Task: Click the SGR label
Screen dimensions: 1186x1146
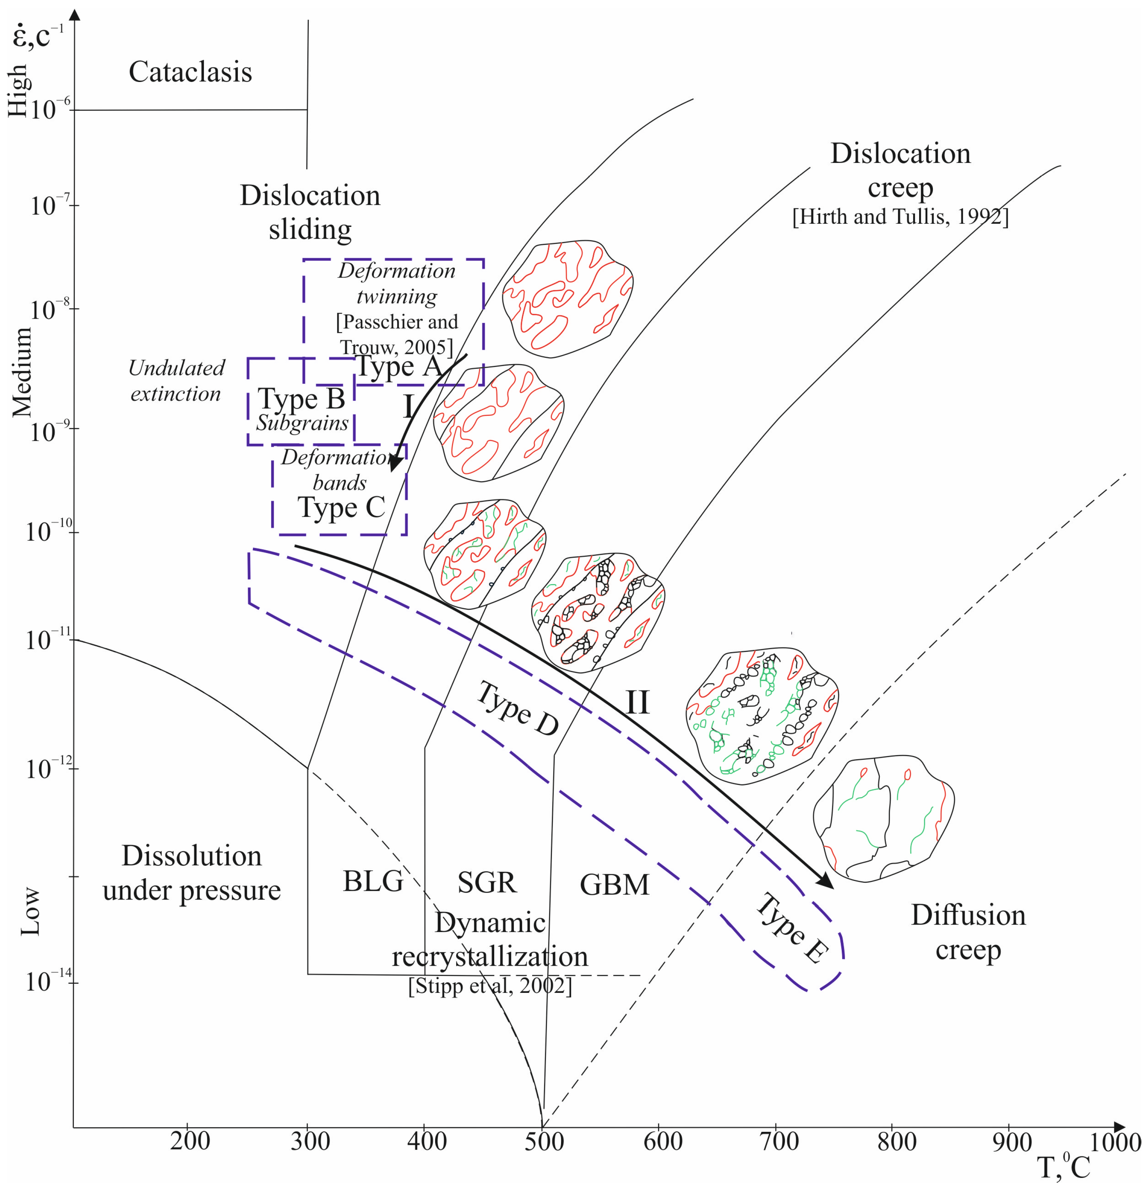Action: click(x=486, y=882)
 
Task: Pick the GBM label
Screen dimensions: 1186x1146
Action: click(x=614, y=884)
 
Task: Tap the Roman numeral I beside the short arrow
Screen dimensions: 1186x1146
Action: click(x=409, y=407)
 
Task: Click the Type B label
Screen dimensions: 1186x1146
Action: click(x=301, y=399)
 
